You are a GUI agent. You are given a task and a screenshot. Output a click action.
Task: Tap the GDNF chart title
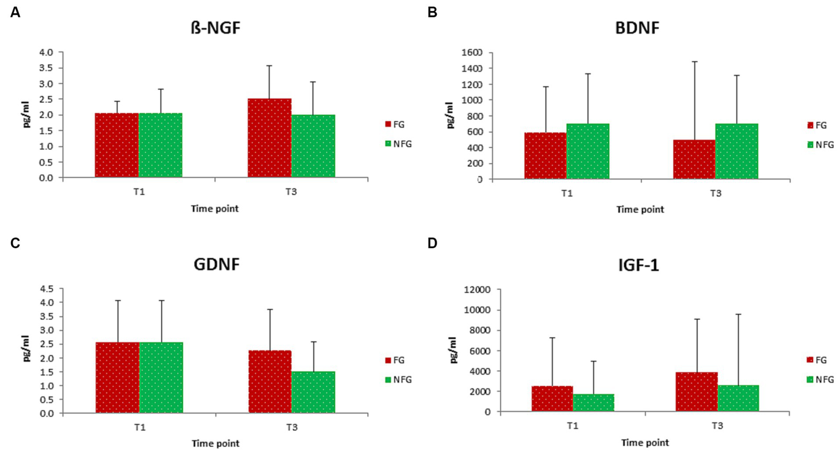click(216, 265)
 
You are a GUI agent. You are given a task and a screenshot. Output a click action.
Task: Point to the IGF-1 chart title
click(637, 265)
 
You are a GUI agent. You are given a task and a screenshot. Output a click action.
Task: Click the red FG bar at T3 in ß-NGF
click(269, 138)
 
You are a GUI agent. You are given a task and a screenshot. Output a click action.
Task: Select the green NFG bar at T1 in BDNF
click(588, 151)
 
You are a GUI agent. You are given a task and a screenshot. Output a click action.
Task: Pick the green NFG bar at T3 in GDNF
click(313, 392)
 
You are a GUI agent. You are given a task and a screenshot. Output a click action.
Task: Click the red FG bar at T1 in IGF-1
click(552, 399)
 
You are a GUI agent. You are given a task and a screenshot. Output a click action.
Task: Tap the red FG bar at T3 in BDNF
click(694, 159)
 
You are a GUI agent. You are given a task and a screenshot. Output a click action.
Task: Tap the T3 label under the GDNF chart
click(291, 427)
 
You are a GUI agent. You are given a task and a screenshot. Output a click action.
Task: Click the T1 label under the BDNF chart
click(566, 193)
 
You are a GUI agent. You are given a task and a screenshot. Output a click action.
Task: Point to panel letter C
click(15, 243)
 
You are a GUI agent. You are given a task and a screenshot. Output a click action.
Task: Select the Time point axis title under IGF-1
click(644, 443)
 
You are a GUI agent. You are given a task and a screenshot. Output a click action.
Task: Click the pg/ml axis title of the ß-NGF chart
click(26, 115)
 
